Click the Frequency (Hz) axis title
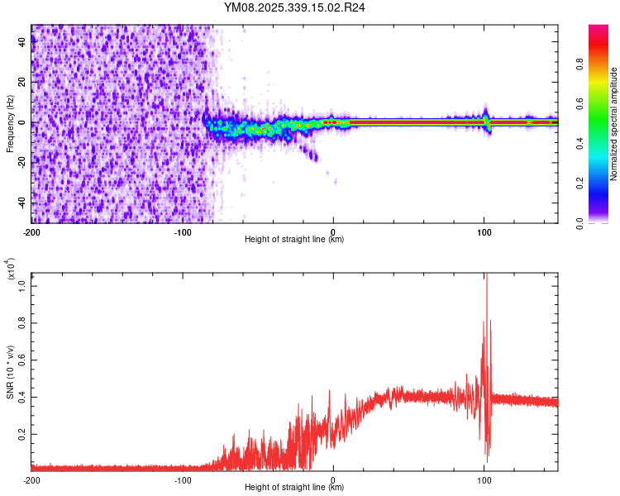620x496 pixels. click(10, 123)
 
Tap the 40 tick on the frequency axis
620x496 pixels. click(23, 43)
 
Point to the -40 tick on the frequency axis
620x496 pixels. click(21, 203)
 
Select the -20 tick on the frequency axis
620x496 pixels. click(21, 163)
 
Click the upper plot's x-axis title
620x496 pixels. click(294, 240)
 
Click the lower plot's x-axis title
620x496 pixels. click(294, 488)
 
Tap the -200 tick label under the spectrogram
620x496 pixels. click(31, 231)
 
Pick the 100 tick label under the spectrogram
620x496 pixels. click(484, 231)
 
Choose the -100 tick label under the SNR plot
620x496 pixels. click(182, 479)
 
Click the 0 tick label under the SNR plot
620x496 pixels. click(333, 479)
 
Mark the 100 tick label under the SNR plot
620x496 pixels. click(484, 479)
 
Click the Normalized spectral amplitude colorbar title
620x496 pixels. click(613, 123)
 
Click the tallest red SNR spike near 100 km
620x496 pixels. click(486, 278)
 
